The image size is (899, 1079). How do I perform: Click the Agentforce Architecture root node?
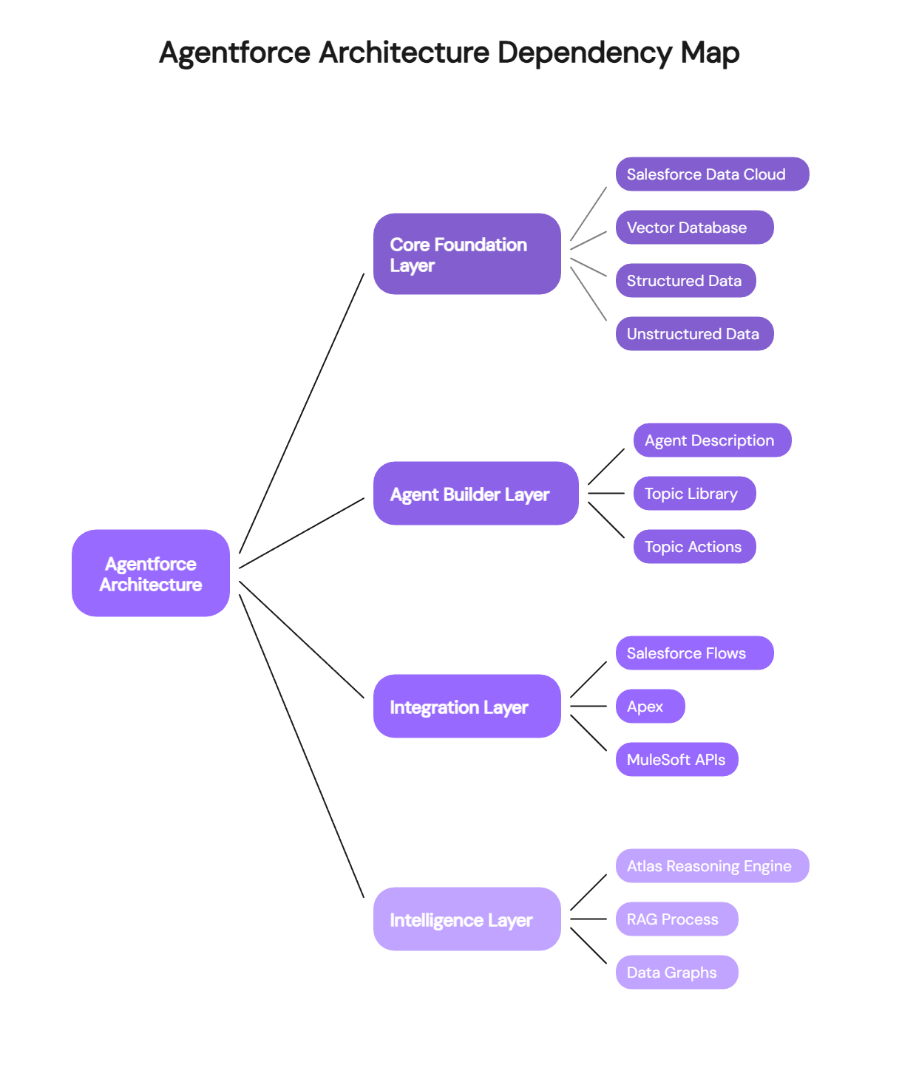coord(151,573)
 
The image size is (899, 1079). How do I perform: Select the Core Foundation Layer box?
coord(467,254)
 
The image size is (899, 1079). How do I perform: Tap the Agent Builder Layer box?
coord(475,494)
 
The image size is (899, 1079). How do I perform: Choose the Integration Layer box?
coord(467,707)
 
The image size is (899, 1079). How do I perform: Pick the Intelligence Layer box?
coord(467,919)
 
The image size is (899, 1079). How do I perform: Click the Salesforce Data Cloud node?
coord(712,174)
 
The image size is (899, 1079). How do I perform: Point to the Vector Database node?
coord(694,228)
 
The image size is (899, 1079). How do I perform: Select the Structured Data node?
coord(685,281)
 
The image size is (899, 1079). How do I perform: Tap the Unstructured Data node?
coord(694,334)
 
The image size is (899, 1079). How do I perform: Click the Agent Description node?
coord(712,440)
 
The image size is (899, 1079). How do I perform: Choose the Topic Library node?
coord(694,494)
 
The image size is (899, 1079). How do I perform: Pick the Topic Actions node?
coord(694,547)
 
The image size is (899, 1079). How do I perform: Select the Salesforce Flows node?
coord(694,653)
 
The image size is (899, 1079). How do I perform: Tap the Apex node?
coord(650,707)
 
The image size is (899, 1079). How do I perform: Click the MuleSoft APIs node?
coord(676,760)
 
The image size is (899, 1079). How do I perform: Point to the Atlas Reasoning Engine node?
coord(712,866)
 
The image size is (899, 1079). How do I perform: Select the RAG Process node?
coord(676,919)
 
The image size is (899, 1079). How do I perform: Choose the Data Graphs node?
coord(676,973)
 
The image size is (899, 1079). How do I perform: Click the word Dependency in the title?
coord(584,53)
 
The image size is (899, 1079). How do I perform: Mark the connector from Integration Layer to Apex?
coord(588,707)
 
